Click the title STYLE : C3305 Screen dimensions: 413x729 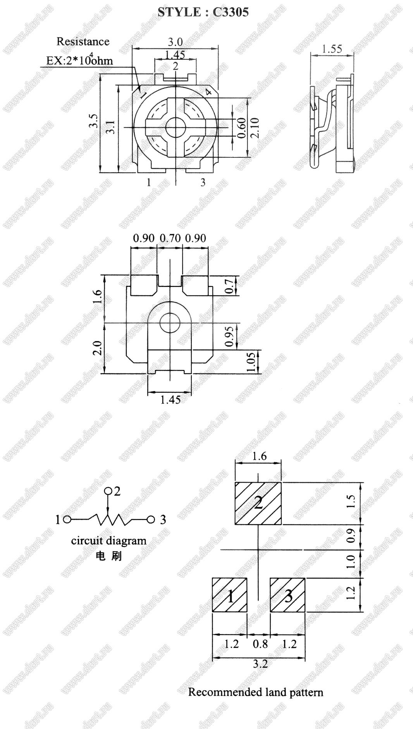click(203, 12)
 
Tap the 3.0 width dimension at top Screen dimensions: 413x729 click(175, 42)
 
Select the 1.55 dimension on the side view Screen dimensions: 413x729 click(332, 49)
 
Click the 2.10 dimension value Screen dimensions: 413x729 click(255, 128)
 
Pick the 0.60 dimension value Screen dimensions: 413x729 click(241, 128)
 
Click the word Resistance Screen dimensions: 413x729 click(83, 41)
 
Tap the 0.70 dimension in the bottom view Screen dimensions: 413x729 click(170, 238)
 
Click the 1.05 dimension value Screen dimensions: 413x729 click(251, 362)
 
